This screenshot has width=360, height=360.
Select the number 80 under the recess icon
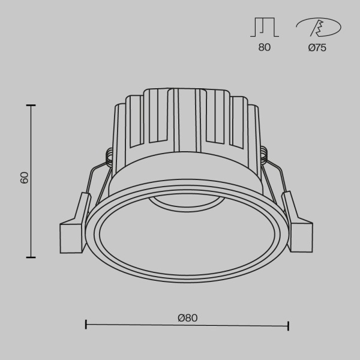pyautogui.click(x=264, y=47)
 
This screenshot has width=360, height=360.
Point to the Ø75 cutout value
pyautogui.click(x=317, y=47)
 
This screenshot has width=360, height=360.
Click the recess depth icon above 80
pyautogui.click(x=264, y=27)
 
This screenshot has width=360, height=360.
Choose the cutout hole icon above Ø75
pyautogui.click(x=317, y=27)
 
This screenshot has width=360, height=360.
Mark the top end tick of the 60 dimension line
pyautogui.click(x=31, y=105)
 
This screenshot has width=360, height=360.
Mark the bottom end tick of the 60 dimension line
pyautogui.click(x=31, y=257)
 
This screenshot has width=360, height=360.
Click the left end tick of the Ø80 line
pyautogui.click(x=86, y=325)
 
